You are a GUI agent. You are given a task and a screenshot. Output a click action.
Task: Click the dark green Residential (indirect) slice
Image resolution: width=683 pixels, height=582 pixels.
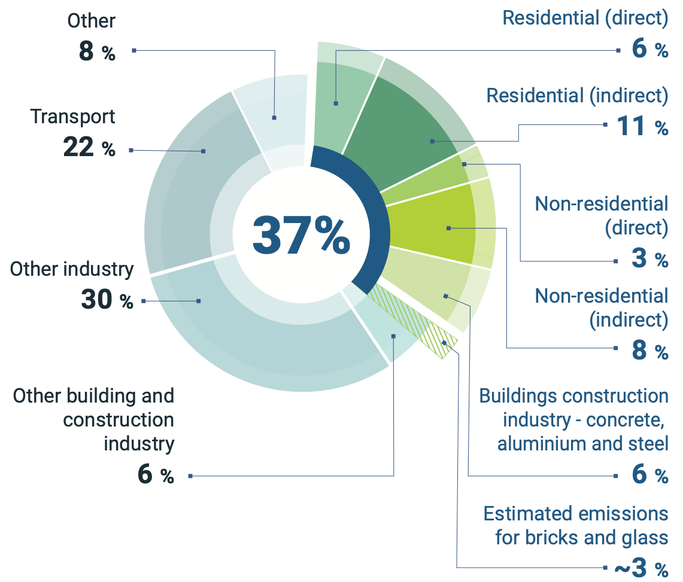(407, 132)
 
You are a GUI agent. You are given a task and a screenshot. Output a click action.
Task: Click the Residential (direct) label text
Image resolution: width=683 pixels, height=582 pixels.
(584, 18)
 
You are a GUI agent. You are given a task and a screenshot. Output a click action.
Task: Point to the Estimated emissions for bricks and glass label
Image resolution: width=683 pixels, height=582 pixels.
(575, 525)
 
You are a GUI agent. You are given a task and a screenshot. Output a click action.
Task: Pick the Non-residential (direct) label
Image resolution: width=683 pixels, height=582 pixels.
(601, 215)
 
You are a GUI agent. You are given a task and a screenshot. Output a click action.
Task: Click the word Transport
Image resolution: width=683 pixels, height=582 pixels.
(72, 117)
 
